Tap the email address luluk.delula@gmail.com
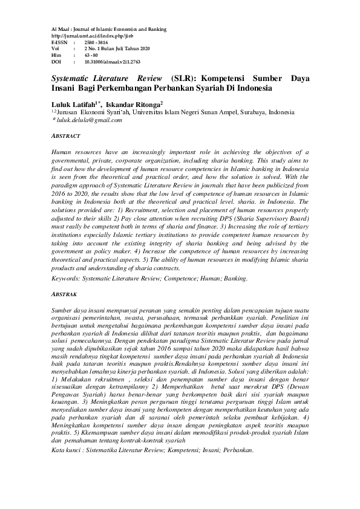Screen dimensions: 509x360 coord(89,120)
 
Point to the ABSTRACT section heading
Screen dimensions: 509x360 coord(65,136)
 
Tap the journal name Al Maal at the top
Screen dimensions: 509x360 coord(60,29)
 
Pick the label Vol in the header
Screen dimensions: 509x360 coord(55,48)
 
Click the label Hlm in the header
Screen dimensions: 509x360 coord(56,55)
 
